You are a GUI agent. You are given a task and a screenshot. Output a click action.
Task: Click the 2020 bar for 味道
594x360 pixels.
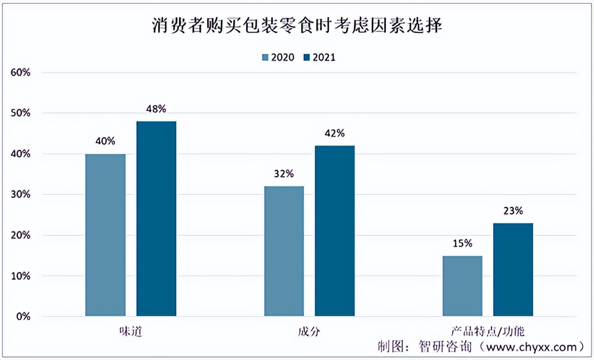click(105, 235)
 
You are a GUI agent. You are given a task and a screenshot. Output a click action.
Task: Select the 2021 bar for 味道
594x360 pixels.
click(156, 219)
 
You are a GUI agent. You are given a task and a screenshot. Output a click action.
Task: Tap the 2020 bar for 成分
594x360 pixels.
click(284, 251)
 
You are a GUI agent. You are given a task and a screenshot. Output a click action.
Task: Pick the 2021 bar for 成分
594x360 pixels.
click(334, 231)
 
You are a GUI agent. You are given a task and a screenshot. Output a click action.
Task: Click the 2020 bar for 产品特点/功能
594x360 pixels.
click(463, 286)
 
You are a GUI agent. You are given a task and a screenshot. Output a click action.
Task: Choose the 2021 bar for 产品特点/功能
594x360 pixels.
click(513, 270)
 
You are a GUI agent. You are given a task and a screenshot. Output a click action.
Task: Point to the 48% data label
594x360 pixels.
click(157, 108)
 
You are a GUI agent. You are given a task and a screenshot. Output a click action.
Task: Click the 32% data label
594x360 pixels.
click(284, 174)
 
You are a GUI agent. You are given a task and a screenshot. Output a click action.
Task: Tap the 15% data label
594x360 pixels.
click(463, 243)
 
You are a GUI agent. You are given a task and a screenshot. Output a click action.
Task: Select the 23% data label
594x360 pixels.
click(513, 211)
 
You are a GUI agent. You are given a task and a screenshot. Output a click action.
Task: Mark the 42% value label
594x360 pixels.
click(334, 133)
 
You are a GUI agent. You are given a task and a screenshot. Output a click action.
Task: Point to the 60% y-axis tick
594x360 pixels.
click(20, 72)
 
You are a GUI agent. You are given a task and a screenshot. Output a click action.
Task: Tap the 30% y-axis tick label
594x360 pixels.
click(20, 195)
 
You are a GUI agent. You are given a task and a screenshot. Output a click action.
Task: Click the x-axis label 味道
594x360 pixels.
click(130, 332)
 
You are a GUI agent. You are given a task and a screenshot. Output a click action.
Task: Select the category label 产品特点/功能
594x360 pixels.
click(488, 332)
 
